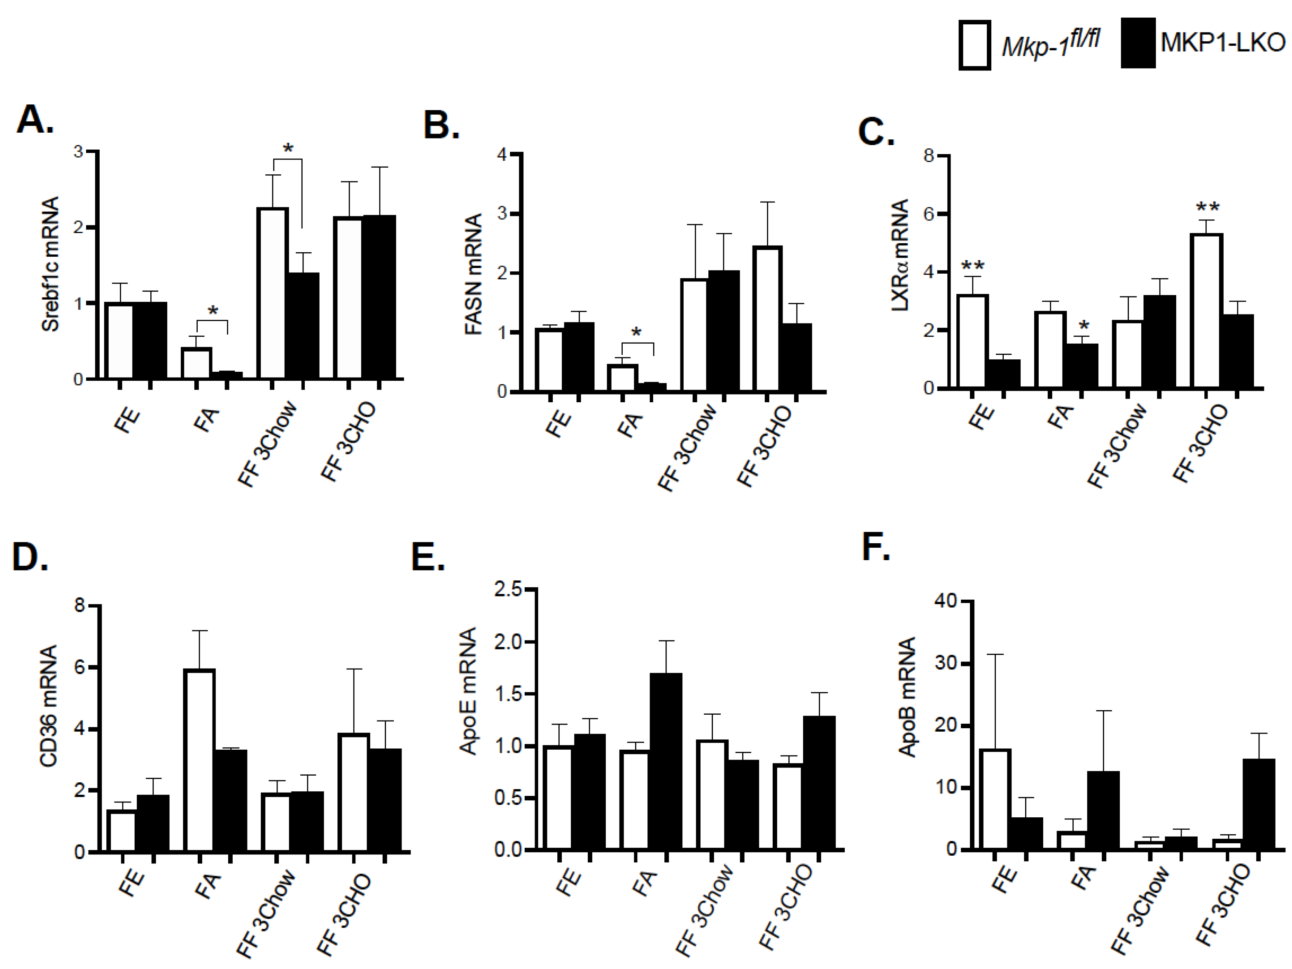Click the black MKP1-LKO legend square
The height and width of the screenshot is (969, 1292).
1138,44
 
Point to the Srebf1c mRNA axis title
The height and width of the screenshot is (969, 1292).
51,264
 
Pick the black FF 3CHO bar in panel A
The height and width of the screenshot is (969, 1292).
379,297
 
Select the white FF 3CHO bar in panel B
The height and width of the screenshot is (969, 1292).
767,319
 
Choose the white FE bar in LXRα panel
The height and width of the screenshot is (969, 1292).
972,341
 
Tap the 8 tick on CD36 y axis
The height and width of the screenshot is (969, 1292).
80,605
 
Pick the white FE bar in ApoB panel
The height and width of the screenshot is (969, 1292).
995,799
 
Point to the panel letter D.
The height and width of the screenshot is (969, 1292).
29,557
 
